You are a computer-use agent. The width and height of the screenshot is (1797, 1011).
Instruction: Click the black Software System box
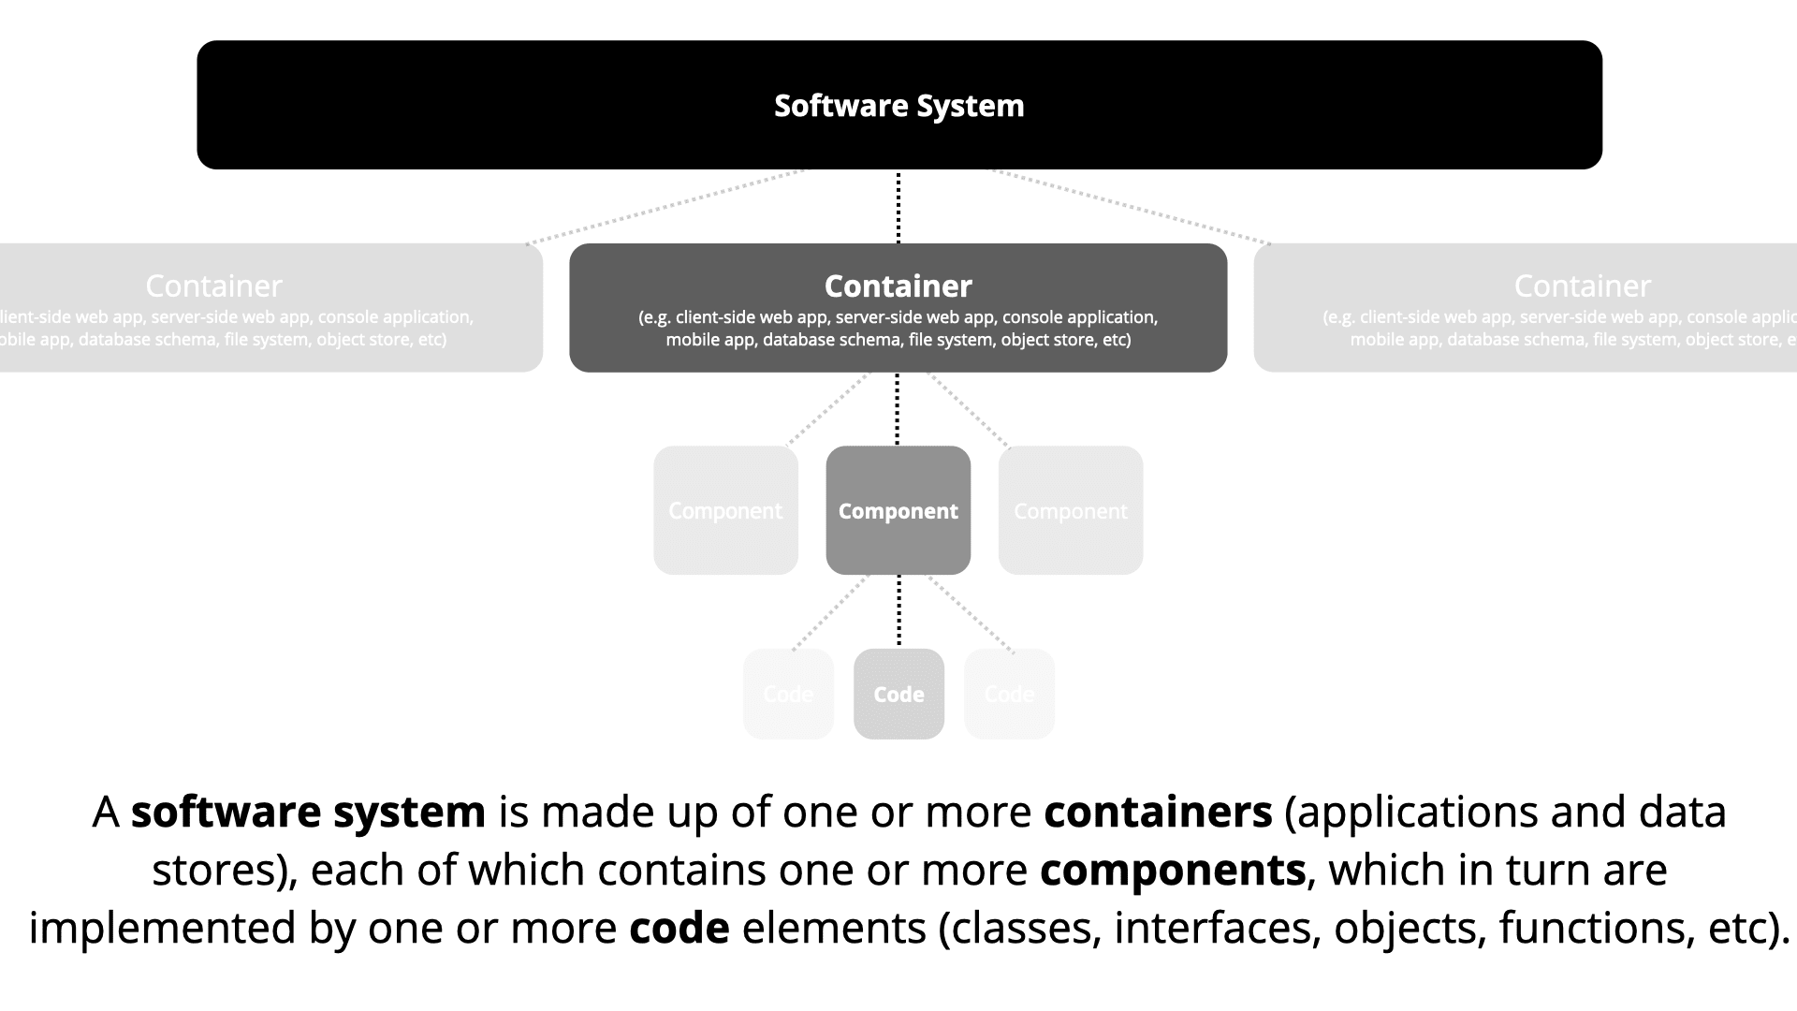898,105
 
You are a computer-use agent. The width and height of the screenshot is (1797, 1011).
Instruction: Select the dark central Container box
898,308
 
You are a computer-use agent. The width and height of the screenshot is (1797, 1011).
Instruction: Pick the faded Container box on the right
1526,308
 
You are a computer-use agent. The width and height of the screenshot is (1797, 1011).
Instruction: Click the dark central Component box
898,510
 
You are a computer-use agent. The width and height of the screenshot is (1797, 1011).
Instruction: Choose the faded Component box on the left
725,510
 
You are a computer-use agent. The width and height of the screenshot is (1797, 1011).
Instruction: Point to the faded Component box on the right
1071,510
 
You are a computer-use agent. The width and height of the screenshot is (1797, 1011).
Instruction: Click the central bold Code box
898,694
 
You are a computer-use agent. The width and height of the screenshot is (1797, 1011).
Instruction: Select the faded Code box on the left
788,694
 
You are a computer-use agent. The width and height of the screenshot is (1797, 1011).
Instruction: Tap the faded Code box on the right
1009,694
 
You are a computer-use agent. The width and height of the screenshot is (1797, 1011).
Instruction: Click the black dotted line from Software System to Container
898,207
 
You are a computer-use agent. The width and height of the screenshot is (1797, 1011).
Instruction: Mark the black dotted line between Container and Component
898,409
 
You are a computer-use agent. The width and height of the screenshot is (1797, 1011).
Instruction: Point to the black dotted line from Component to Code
899,611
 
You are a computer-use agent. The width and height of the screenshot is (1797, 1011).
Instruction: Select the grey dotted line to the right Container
1131,207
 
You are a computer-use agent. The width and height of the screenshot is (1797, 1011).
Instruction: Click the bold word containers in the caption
1158,812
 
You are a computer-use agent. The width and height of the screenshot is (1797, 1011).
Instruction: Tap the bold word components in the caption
1172,870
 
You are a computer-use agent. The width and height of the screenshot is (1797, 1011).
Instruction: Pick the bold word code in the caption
679,928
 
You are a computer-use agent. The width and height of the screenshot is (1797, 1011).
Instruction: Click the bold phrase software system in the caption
308,812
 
